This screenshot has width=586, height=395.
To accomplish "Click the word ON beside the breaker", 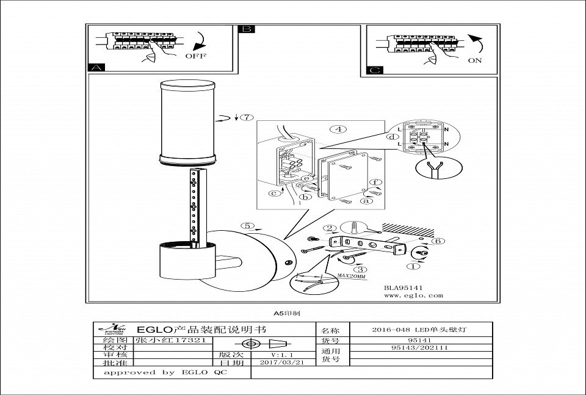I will (475, 60).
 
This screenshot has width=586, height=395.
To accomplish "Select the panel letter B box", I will (247, 29).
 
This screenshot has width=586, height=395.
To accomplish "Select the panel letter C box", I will (375, 70).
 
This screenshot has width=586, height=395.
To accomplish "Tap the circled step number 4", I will (336, 129).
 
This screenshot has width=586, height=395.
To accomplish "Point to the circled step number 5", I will (247, 226).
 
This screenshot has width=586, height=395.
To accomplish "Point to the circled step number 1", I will (415, 266).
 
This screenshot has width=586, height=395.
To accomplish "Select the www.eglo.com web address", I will (413, 295).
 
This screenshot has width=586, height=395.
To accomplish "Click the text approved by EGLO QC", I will (165, 372).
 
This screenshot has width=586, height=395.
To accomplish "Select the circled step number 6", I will (438, 241).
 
